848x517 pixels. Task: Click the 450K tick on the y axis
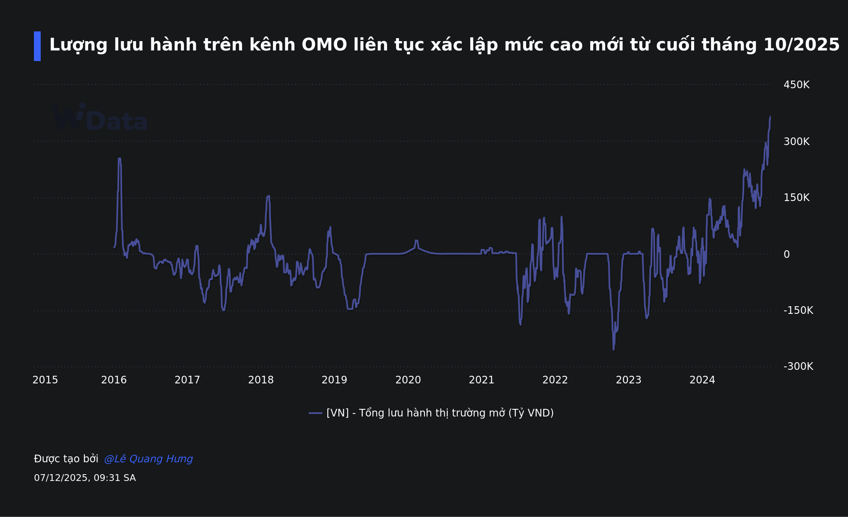click(x=796, y=85)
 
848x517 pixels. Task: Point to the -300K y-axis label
click(x=798, y=366)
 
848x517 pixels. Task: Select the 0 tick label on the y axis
click(x=787, y=254)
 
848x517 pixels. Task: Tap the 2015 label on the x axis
click(x=45, y=380)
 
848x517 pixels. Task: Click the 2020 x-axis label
click(x=408, y=380)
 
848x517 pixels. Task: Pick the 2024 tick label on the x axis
click(x=702, y=380)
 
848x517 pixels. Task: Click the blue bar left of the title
click(x=37, y=46)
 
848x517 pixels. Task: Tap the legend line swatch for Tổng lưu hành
click(x=315, y=413)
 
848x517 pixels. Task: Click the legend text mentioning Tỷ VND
click(x=440, y=413)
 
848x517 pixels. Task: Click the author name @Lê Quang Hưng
click(x=148, y=459)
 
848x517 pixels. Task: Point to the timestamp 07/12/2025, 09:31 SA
click(x=85, y=478)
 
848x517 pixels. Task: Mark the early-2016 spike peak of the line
click(x=120, y=159)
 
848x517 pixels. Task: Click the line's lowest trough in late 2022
click(x=614, y=349)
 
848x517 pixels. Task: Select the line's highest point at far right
click(x=770, y=117)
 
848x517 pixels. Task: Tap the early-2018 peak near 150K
click(x=268, y=196)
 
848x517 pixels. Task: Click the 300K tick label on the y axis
click(x=796, y=142)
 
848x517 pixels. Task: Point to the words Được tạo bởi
click(x=66, y=459)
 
